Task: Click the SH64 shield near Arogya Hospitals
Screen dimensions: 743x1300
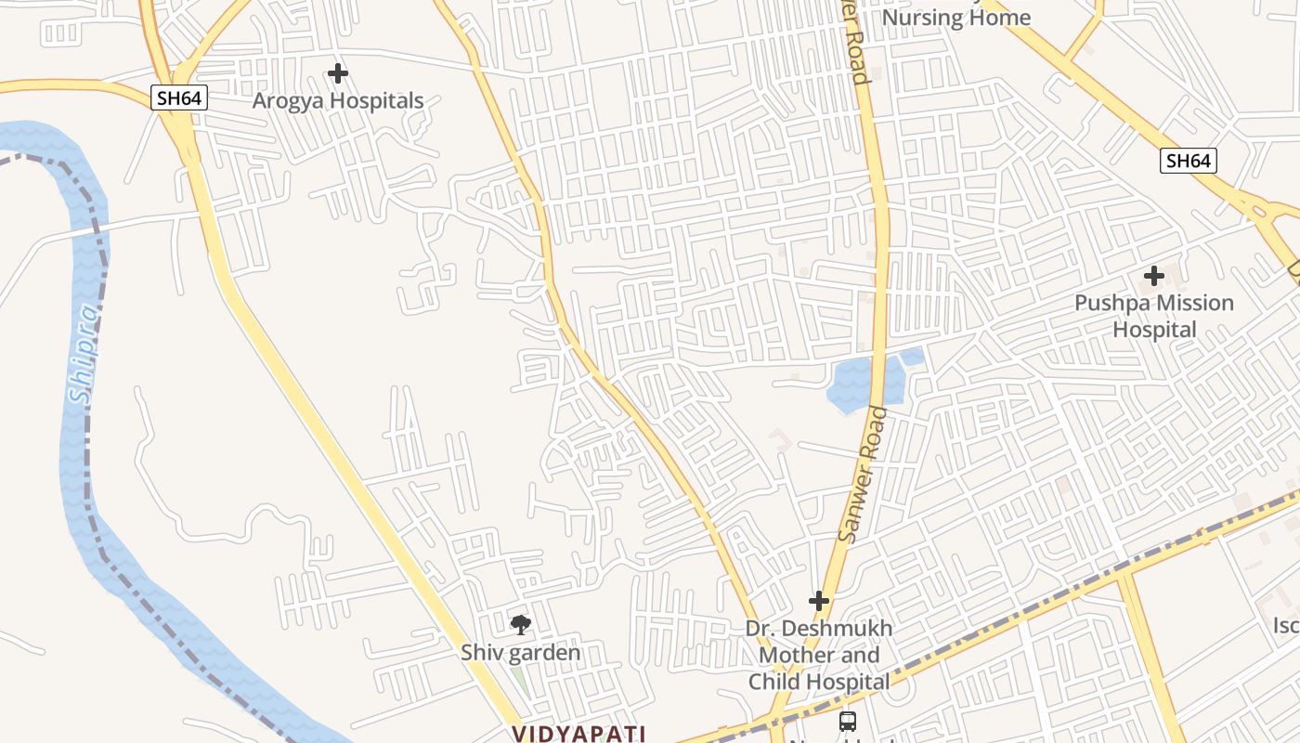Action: coord(179,98)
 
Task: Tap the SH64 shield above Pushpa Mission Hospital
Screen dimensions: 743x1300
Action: coord(1188,161)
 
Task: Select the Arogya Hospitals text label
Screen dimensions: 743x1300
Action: coord(338,101)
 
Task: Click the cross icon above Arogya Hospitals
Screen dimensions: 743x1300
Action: coord(338,72)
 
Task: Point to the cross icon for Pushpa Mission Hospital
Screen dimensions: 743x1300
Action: coord(1154,276)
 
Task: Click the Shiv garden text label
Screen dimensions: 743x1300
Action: coord(520,653)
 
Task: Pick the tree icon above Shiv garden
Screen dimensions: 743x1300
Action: coord(521,624)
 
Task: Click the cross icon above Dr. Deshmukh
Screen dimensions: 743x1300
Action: coord(818,601)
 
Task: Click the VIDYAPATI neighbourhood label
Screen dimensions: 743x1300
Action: coord(578,734)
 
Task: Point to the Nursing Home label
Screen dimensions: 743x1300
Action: coord(955,18)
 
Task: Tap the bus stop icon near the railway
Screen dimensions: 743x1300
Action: coord(847,721)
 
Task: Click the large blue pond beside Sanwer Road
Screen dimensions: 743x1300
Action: coord(861,383)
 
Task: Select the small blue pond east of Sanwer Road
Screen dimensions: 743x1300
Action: coord(913,357)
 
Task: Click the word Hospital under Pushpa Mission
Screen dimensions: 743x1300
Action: coord(1154,330)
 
